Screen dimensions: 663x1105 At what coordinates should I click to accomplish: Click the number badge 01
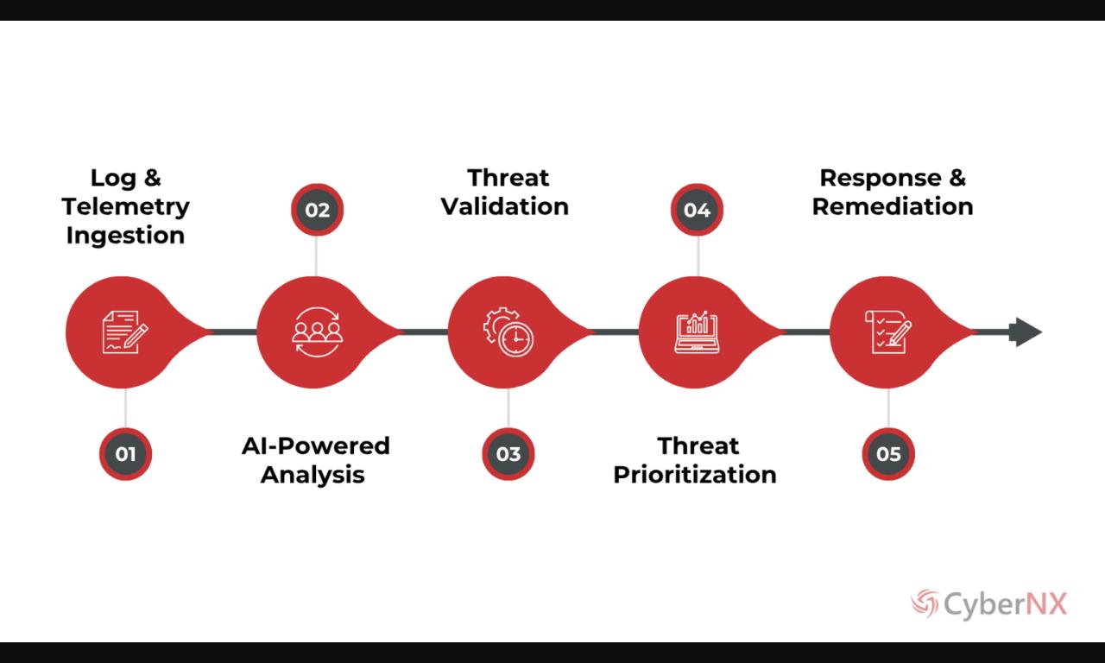126,454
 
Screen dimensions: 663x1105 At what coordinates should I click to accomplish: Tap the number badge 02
317,210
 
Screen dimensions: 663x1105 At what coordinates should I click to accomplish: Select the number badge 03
508,454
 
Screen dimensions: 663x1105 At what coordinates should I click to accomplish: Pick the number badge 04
697,210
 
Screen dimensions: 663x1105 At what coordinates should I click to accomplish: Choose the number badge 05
888,454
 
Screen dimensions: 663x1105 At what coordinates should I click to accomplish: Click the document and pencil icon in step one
124,332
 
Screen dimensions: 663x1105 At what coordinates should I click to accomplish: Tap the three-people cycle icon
317,332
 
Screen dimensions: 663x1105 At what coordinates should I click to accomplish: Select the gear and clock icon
508,332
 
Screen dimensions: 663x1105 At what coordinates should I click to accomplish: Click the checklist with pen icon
888,332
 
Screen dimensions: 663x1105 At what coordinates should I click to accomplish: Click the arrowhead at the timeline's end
1026,331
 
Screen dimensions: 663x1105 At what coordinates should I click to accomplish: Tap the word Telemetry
126,206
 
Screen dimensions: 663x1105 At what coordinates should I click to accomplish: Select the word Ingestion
126,235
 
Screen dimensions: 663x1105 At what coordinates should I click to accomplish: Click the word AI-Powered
316,445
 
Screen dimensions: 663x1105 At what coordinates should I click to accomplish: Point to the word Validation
505,206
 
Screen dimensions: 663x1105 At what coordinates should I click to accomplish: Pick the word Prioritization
695,474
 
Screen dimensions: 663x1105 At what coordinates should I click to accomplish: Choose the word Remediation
893,206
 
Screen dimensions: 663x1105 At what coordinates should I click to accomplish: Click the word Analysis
313,474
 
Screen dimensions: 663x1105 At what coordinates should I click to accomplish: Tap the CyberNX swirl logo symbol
925,603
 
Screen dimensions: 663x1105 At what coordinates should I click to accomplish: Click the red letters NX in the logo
1045,603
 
